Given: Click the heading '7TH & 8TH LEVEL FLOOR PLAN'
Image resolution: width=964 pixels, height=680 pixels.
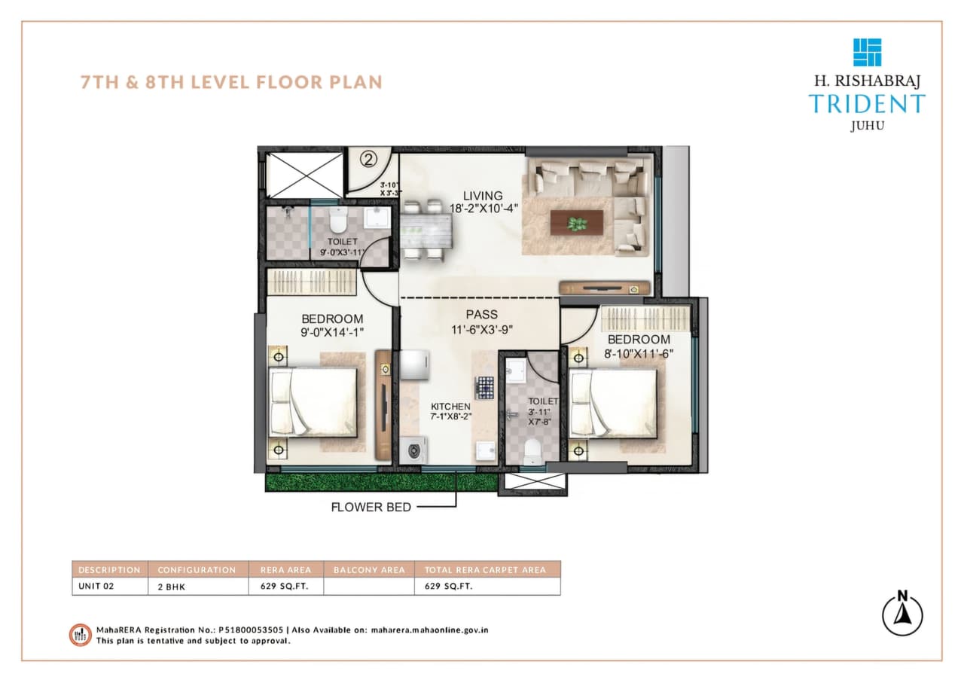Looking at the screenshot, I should click(231, 81).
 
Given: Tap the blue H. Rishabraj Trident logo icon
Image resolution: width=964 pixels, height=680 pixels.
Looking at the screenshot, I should click(867, 52).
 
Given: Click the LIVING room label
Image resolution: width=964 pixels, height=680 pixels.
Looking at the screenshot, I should click(483, 196).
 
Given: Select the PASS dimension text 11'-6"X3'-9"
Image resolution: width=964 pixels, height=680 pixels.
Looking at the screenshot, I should click(481, 328).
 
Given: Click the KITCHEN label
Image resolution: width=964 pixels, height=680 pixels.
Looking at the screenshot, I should click(451, 406).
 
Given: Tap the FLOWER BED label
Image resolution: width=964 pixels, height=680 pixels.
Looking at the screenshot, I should click(371, 507).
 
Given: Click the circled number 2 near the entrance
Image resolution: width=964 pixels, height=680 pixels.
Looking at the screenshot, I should click(368, 159).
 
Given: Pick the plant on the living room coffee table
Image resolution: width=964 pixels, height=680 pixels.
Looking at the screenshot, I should click(577, 223).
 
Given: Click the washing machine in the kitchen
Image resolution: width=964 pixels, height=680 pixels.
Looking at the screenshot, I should click(413, 452).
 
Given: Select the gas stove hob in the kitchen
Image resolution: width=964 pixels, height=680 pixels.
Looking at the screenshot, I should click(483, 387).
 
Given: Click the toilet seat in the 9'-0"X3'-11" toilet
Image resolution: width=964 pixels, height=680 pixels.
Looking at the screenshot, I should click(337, 221).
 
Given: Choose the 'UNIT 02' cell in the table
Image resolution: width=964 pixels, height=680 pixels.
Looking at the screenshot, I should click(96, 587).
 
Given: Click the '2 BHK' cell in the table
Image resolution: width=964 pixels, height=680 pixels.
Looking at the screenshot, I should click(171, 587).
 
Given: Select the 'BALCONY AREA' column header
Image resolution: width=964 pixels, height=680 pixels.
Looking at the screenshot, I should click(369, 570).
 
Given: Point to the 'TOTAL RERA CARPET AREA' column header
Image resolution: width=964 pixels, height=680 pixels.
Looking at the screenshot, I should click(487, 570).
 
